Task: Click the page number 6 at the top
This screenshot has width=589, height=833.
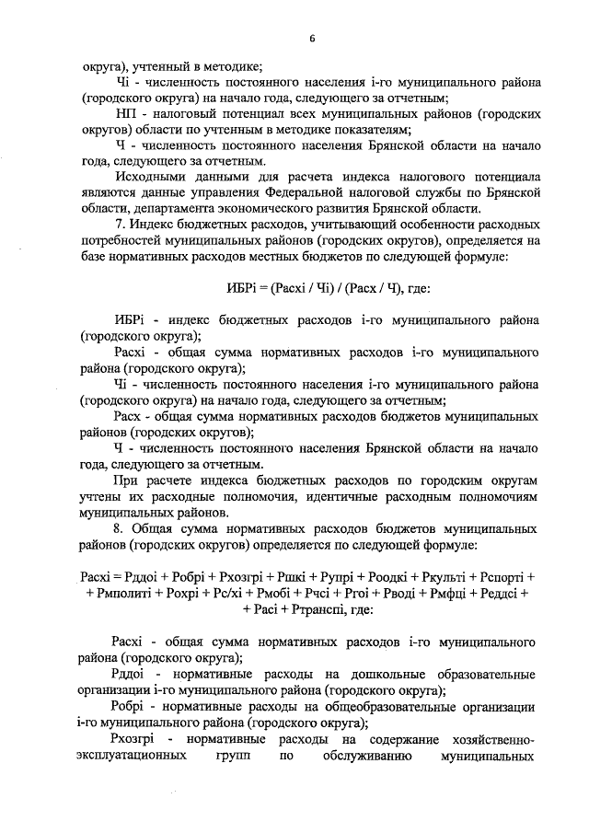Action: click(312, 37)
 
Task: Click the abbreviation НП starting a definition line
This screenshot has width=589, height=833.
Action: click(127, 113)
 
